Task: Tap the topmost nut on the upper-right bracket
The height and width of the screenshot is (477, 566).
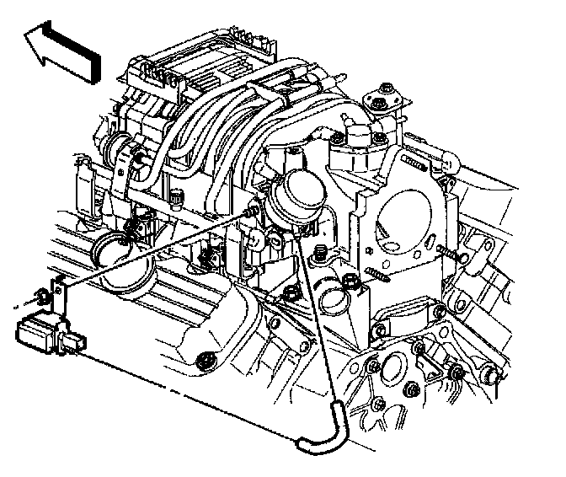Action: click(x=386, y=88)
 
